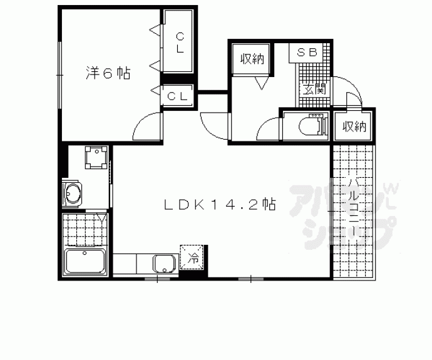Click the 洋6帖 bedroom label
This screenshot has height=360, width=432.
click(x=108, y=73)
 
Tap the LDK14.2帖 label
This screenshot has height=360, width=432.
click(x=220, y=204)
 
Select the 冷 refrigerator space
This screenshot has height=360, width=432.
click(x=192, y=257)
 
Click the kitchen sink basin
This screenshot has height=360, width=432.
click(x=165, y=263)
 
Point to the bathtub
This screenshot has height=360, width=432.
click(x=85, y=261)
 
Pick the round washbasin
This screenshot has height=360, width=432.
click(x=73, y=193)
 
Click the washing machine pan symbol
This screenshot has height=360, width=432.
click(x=96, y=157)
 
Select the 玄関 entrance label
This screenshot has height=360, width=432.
click(x=314, y=89)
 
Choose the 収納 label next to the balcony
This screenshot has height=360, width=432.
click(x=354, y=126)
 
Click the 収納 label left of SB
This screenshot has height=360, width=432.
click(x=252, y=59)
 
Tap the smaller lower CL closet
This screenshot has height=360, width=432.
click(x=178, y=96)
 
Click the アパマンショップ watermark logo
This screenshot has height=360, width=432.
click(x=344, y=214)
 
